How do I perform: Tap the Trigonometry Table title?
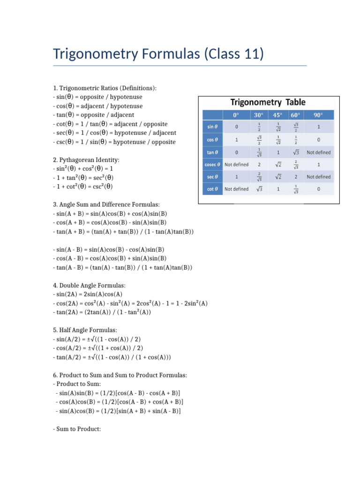(267, 102)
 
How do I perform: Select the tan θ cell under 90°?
(318, 152)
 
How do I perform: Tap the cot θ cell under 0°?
(237, 189)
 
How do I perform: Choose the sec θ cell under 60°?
(295, 177)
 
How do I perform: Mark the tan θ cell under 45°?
(279, 152)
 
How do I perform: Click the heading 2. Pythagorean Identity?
(86, 160)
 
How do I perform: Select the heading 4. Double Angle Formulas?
(89, 285)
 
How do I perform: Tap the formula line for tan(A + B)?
(123, 232)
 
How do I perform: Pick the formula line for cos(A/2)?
(98, 348)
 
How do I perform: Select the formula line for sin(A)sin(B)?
(118, 393)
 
